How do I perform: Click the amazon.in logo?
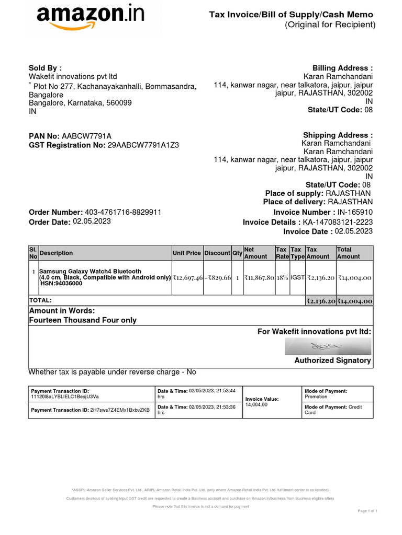(91, 19)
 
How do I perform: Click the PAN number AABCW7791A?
(87, 136)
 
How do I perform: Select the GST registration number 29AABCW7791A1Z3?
(143, 145)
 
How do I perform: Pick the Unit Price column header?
(187, 253)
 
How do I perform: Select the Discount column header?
(217, 253)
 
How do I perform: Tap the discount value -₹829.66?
(217, 278)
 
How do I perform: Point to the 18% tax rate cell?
(282, 278)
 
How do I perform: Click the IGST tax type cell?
(297, 278)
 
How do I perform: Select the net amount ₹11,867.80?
(259, 278)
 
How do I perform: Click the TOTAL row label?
(41, 300)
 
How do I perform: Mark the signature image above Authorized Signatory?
(328, 346)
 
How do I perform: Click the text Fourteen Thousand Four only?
(83, 320)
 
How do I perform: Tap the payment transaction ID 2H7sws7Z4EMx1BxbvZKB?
(120, 410)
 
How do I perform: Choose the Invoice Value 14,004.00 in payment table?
(256, 404)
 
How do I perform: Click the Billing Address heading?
(342, 68)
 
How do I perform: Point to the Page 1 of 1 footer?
(367, 510)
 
